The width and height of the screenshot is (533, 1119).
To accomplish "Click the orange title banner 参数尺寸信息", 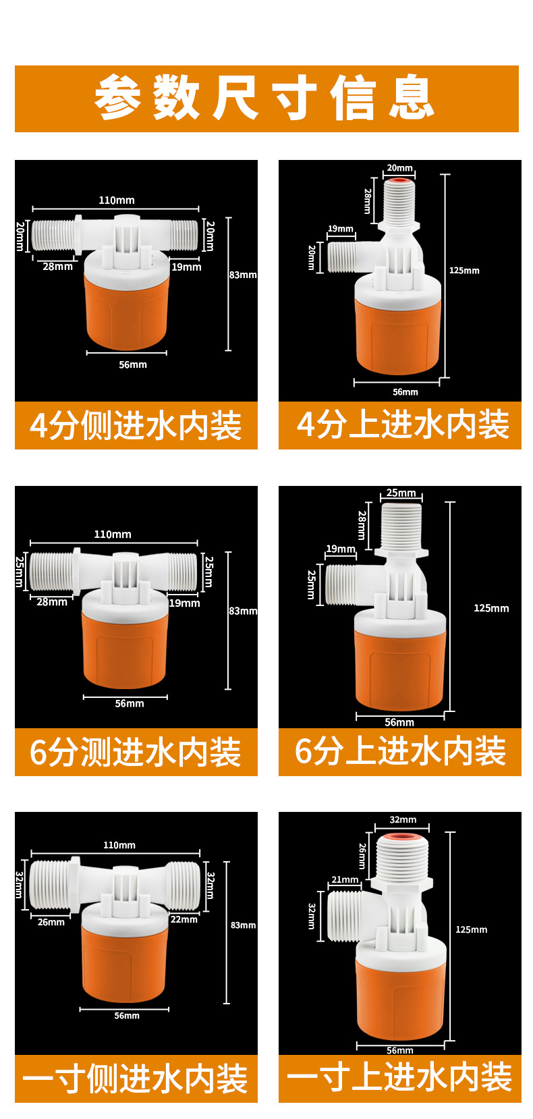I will click(x=266, y=99).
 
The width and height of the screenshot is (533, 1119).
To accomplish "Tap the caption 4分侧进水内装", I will click(x=136, y=426).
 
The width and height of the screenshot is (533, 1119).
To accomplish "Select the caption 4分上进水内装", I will click(x=403, y=425).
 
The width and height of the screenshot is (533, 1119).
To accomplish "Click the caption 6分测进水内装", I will click(x=136, y=753).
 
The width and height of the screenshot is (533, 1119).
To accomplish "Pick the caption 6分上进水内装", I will click(x=400, y=752).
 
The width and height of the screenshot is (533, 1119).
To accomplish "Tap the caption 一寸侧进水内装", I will click(x=136, y=1079).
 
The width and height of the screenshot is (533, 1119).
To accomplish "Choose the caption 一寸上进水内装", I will click(x=400, y=1078).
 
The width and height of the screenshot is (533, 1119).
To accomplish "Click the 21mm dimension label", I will click(x=345, y=879).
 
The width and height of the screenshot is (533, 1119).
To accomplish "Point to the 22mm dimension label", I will click(x=184, y=919).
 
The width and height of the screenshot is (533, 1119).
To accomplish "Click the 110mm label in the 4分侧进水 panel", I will click(x=117, y=200).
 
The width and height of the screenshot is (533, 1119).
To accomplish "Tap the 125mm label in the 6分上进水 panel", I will click(x=491, y=608).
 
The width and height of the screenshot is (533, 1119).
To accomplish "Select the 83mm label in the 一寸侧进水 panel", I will click(x=243, y=925).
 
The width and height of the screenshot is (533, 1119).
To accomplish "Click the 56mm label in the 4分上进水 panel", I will click(x=405, y=392).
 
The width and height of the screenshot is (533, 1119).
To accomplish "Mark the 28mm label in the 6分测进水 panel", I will click(x=52, y=602).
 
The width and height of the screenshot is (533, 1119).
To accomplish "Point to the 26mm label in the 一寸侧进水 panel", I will click(x=51, y=922).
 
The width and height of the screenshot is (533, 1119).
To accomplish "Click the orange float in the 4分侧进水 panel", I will click(x=126, y=310).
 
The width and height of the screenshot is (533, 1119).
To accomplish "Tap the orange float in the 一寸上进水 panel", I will click(x=401, y=999).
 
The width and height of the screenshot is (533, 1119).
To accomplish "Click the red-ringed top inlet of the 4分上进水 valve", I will click(x=400, y=180).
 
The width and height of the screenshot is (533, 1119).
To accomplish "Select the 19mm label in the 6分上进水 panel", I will click(x=341, y=549).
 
